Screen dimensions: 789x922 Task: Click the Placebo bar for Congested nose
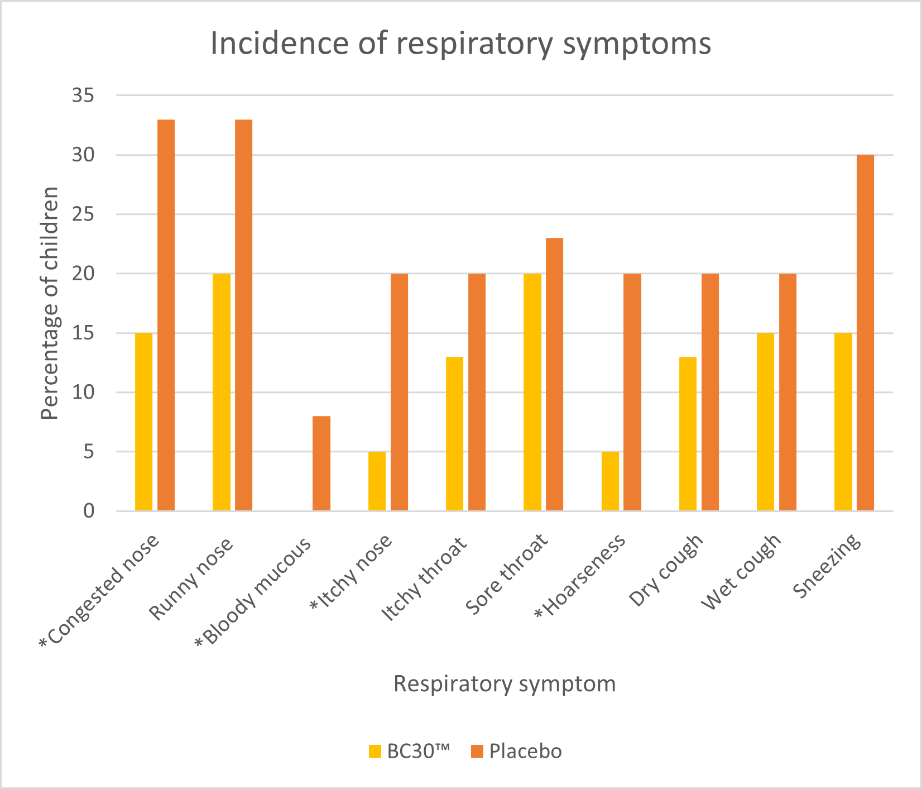(166, 315)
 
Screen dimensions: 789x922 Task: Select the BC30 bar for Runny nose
(222, 392)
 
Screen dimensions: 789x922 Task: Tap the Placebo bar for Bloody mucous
(321, 463)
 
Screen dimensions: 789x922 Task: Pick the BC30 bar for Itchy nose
(377, 481)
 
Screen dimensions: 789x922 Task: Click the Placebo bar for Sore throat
(554, 374)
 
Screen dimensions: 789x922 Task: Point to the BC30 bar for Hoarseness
(610, 481)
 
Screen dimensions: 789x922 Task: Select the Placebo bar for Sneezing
(865, 333)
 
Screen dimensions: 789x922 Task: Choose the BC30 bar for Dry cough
(688, 434)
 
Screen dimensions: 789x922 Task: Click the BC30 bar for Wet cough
(765, 422)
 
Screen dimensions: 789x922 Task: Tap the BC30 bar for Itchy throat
(454, 434)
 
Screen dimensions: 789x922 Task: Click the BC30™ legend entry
(409, 751)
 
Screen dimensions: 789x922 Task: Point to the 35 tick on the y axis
(83, 96)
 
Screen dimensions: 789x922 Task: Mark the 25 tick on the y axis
(83, 214)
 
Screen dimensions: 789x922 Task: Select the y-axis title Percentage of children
(51, 303)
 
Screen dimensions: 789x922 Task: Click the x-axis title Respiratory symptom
(505, 684)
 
